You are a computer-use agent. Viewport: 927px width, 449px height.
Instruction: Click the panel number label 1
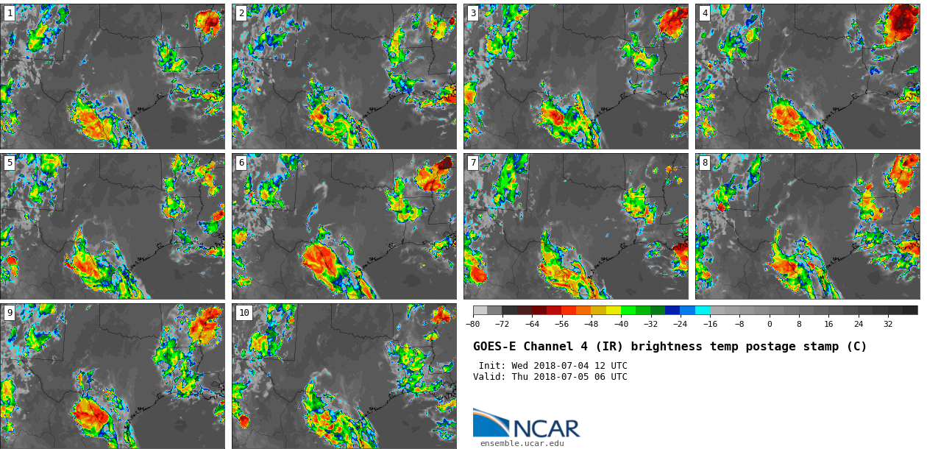tap(9, 13)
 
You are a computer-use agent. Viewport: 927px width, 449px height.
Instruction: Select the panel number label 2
tap(241, 13)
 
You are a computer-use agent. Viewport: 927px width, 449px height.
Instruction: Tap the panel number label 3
tap(472, 13)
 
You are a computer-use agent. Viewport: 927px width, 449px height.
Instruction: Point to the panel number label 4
tap(704, 13)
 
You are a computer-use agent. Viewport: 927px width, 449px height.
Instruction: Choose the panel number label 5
tap(9, 163)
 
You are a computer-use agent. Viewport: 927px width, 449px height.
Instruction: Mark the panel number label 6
tap(241, 163)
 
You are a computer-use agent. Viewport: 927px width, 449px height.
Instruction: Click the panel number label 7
tap(472, 163)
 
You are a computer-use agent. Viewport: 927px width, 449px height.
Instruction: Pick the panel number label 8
tap(704, 163)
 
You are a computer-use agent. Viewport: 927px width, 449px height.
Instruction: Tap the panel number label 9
tap(9, 313)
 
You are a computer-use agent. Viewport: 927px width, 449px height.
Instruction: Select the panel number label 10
tap(244, 313)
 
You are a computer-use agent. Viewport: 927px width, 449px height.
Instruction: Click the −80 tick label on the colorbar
tap(472, 324)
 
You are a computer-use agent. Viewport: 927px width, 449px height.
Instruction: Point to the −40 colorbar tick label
tap(621, 324)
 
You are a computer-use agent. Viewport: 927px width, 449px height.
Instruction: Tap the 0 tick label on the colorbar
tap(770, 324)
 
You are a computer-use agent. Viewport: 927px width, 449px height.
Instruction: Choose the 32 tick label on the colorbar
tap(888, 324)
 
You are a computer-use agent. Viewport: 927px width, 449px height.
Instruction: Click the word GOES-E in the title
tap(493, 347)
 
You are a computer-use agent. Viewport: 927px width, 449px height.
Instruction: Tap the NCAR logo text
tap(546, 428)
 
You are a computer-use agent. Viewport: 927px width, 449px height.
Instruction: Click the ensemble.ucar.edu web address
tap(522, 443)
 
